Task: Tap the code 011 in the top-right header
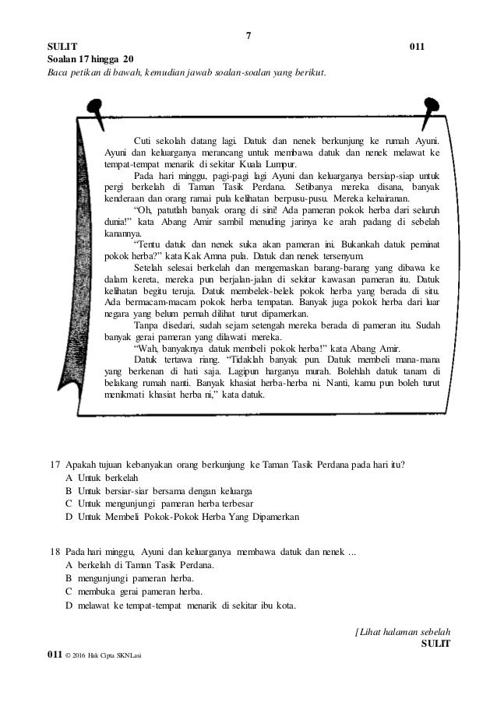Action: point(418,47)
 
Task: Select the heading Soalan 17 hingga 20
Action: point(90,60)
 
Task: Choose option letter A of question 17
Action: point(69,479)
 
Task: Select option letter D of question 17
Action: point(69,516)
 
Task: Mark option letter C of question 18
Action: point(69,592)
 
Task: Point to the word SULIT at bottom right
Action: point(435,644)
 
